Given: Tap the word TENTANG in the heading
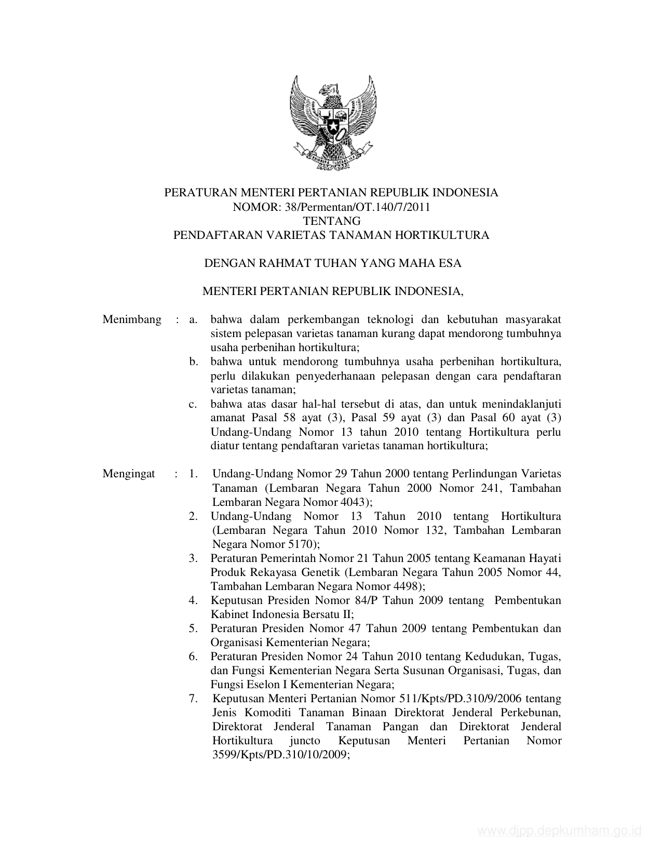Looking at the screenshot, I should point(331,221).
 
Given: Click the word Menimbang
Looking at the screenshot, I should point(132,319).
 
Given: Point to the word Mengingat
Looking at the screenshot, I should point(129,474).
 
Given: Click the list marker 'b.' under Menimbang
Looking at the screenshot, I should point(194,361).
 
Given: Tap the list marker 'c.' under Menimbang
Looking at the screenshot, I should point(193,404).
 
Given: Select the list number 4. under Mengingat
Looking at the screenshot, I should point(193,600).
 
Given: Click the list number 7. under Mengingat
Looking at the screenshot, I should point(193,699).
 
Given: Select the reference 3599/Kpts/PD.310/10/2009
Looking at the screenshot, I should point(279,755).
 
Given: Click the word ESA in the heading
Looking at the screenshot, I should point(450,263).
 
